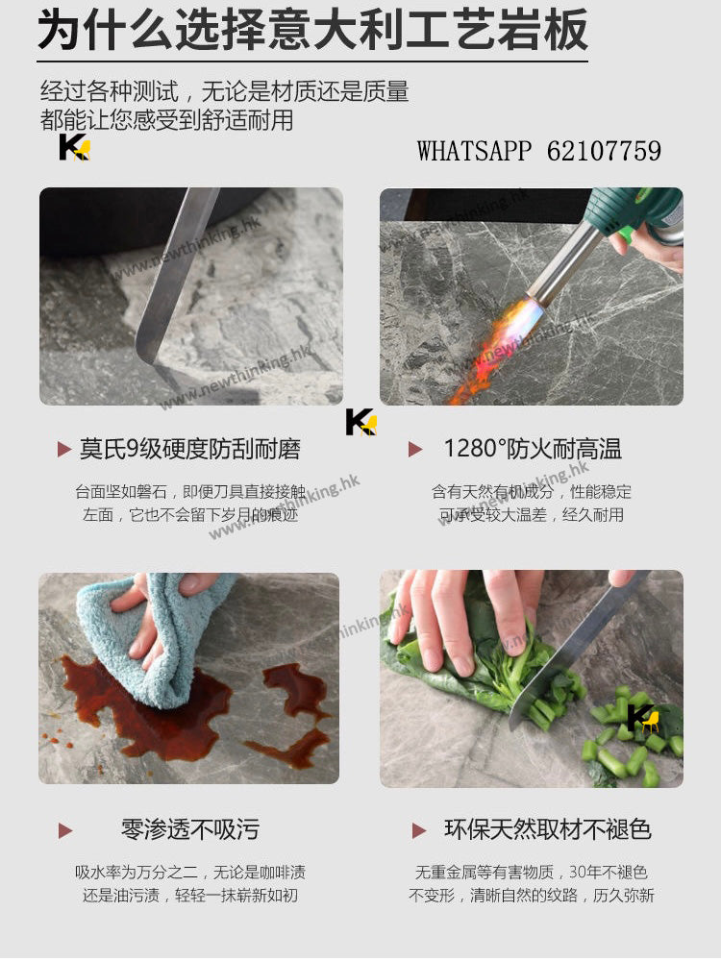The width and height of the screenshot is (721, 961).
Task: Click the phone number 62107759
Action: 604,151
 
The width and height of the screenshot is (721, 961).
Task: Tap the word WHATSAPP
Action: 474,151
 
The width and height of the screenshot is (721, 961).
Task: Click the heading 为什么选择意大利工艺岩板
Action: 312,30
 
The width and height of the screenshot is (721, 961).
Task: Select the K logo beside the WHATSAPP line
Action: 74,147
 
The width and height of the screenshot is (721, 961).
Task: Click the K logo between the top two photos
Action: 361,422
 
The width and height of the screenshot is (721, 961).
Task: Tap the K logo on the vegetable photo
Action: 643,718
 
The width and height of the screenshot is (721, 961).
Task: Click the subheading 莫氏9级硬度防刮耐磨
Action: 190,449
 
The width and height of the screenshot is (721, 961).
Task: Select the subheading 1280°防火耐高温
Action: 533,449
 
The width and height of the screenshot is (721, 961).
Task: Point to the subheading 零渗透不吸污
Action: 190,829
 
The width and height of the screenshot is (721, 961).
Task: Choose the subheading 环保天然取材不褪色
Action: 548,829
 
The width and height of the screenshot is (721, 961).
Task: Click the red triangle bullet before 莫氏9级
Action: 64,449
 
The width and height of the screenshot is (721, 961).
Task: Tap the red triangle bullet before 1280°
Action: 415,449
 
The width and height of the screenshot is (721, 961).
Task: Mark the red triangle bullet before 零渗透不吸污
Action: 65,830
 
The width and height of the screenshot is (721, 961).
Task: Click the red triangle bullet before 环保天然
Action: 419,830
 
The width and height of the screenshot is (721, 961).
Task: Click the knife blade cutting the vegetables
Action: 576,650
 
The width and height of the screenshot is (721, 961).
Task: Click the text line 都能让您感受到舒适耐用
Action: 166,119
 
